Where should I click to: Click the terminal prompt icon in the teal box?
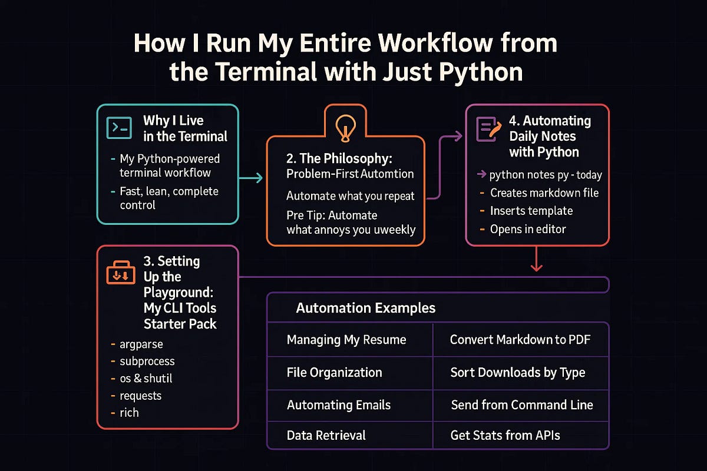click(119, 128)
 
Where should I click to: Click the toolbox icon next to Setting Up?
click(120, 274)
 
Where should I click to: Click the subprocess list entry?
click(147, 361)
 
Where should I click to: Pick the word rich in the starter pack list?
click(130, 412)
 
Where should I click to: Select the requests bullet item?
click(141, 395)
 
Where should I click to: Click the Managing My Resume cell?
click(346, 340)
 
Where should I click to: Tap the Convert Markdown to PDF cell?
click(520, 340)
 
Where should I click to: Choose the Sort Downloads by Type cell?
click(517, 373)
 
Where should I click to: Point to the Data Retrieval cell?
click(326, 436)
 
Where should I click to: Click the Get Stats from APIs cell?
click(505, 436)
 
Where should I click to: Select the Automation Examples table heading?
click(365, 308)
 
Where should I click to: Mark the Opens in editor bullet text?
click(528, 229)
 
